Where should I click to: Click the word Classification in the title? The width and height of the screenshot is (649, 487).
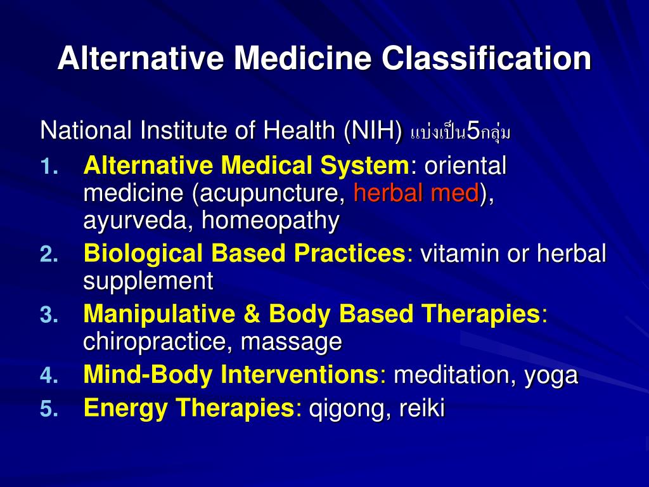[486, 58]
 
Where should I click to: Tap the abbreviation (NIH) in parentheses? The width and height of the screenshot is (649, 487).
[373, 131]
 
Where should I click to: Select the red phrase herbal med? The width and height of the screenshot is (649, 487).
[416, 193]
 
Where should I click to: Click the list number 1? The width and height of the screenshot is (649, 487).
[49, 167]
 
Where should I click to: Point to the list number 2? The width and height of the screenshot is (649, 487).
[49, 254]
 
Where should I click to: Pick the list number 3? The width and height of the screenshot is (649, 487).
[49, 315]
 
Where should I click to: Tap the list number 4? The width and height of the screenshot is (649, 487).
[49, 375]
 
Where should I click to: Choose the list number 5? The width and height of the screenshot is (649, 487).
[49, 409]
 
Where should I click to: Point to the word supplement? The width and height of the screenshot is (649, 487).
[148, 282]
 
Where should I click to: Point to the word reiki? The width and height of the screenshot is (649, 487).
[421, 408]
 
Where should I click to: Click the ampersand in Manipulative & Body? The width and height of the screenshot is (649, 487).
[252, 314]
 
